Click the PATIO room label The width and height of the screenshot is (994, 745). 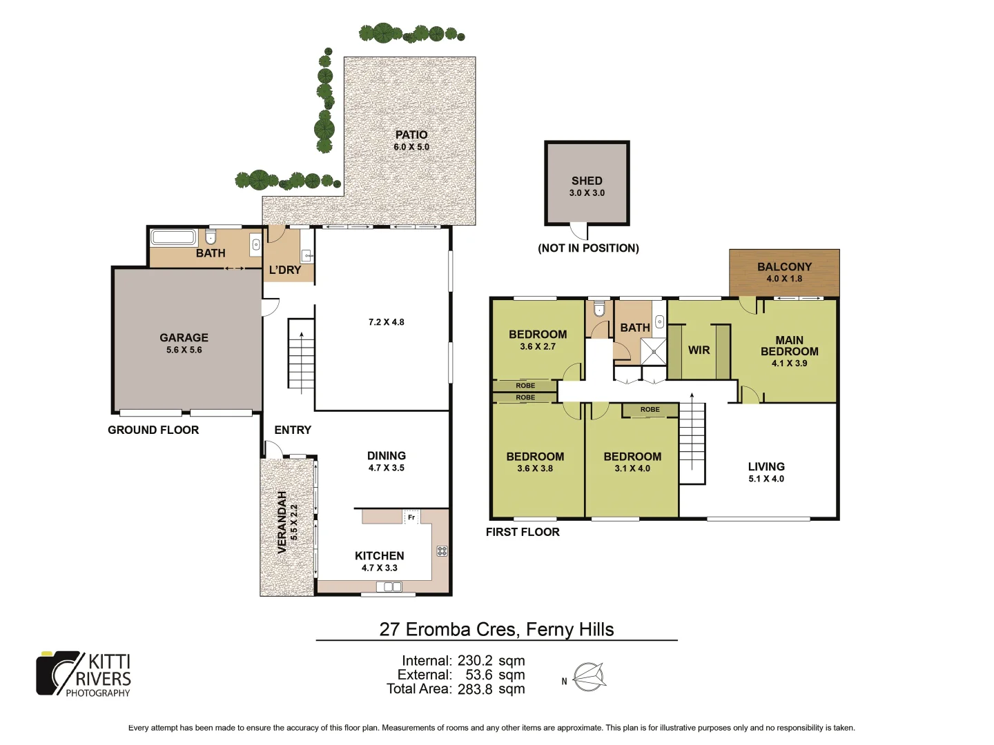(411, 135)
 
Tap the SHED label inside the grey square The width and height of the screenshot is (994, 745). (587, 181)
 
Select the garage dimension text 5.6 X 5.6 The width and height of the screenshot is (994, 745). (184, 350)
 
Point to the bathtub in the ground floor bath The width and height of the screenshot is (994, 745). (173, 238)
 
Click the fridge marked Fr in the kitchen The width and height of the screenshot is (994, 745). (411, 517)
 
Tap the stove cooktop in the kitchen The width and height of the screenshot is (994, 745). (442, 550)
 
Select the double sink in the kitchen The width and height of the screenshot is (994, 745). (389, 587)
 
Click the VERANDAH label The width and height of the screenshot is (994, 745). (282, 522)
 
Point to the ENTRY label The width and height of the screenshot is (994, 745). (293, 430)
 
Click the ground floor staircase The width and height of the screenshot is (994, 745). (301, 356)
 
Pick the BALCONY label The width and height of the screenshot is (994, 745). (784, 267)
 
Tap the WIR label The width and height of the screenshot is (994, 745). (699, 350)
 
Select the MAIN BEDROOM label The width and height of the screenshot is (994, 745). (790, 346)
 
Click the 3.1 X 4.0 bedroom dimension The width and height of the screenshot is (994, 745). (632, 468)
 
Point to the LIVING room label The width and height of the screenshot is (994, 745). (766, 466)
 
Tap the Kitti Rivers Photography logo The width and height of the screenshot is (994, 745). (84, 674)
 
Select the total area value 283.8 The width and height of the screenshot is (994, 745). (475, 688)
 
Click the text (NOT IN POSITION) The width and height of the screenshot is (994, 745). (588, 248)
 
